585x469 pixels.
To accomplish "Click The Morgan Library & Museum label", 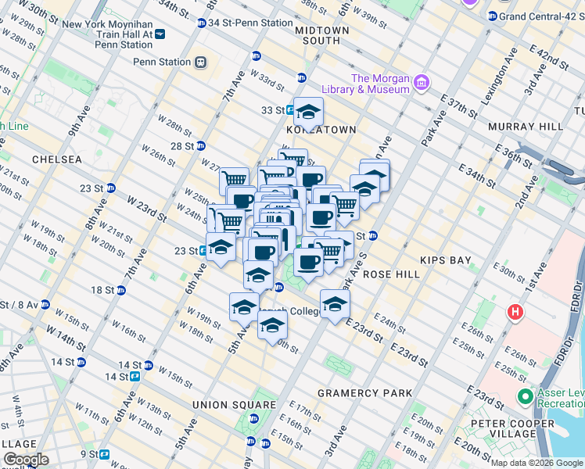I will click(380, 84).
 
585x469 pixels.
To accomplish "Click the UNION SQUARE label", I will click(234, 405).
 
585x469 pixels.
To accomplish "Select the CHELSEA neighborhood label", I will click(57, 159).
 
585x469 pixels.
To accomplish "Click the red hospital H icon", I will click(515, 313).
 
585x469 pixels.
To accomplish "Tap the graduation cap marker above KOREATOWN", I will click(308, 112).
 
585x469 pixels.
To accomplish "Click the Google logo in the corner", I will click(26, 460).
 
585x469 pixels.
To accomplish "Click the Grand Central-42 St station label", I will click(540, 16).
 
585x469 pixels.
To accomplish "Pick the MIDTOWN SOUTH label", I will click(321, 35).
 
